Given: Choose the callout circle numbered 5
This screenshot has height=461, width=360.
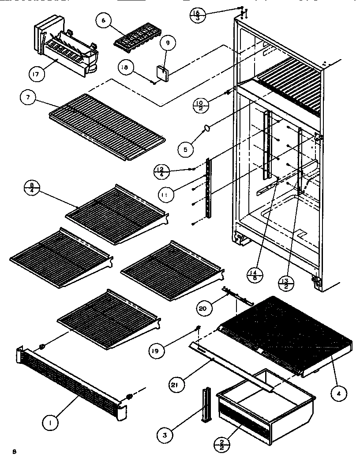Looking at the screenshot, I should click(186, 150).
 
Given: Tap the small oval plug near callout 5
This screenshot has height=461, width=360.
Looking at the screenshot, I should click(206, 128).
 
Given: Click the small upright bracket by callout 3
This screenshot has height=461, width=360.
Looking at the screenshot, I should click(206, 405).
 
